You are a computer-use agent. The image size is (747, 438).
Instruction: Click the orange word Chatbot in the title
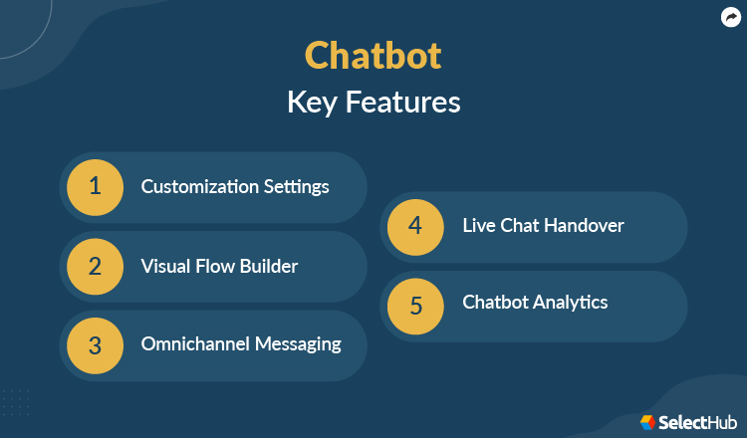pos(373,56)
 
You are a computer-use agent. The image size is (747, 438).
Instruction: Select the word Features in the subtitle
pos(402,103)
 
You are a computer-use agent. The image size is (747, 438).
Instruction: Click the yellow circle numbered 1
pos(95,186)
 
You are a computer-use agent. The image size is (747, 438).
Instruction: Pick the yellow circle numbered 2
pos(95,266)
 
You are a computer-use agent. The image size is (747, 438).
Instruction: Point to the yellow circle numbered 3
pos(95,345)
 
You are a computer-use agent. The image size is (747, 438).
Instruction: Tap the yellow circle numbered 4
pos(416,225)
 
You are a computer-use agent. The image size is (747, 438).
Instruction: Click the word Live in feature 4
pos(479,225)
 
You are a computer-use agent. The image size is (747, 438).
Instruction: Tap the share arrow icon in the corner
pos(729,17)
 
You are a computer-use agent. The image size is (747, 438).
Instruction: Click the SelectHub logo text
pos(695,422)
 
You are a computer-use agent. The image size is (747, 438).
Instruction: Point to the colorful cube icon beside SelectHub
pos(647,422)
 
